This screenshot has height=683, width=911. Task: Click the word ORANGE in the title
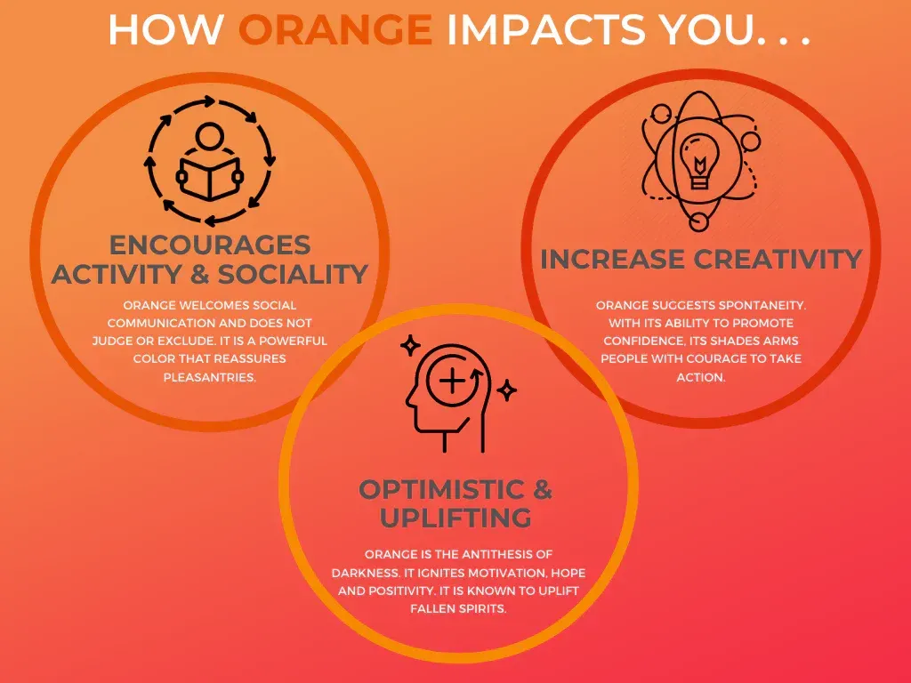(335, 29)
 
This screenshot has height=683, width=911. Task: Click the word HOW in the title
(166, 29)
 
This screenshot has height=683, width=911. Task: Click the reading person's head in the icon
(210, 136)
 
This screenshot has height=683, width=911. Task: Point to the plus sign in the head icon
(452, 382)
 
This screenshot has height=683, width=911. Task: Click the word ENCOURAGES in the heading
(210, 245)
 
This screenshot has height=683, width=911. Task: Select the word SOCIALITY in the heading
(293, 274)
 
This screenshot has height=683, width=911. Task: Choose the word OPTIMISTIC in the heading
(442, 489)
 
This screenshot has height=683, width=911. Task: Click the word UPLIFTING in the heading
(455, 518)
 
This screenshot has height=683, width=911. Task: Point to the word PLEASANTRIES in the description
(210, 377)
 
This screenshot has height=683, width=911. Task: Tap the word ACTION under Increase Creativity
(701, 377)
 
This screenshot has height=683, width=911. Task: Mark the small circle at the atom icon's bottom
(698, 221)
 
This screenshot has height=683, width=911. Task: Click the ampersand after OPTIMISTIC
(542, 489)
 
